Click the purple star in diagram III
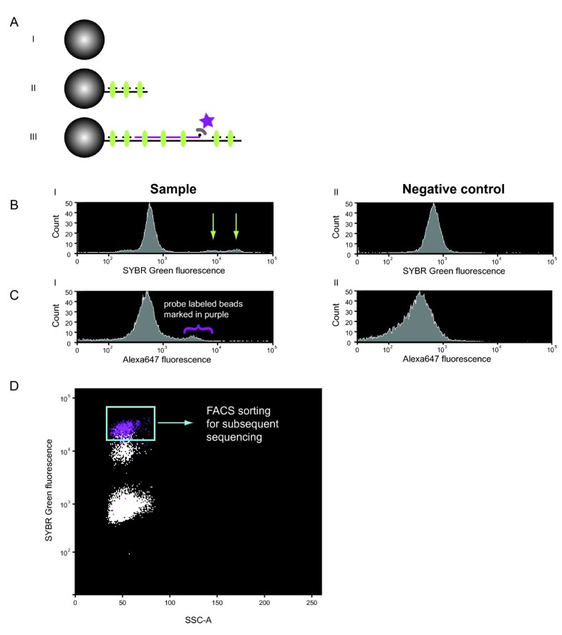click(x=207, y=120)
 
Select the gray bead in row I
click(x=84, y=39)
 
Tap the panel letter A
click(x=14, y=22)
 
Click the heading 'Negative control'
click(x=434, y=190)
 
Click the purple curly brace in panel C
click(x=196, y=329)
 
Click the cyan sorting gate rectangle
click(x=130, y=423)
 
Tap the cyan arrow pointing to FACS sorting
click(x=175, y=423)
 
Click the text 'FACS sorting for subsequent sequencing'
click(x=231, y=423)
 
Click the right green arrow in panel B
click(x=236, y=227)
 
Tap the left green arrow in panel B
click(x=213, y=227)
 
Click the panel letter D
click(x=14, y=386)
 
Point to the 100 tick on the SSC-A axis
click(x=170, y=603)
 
